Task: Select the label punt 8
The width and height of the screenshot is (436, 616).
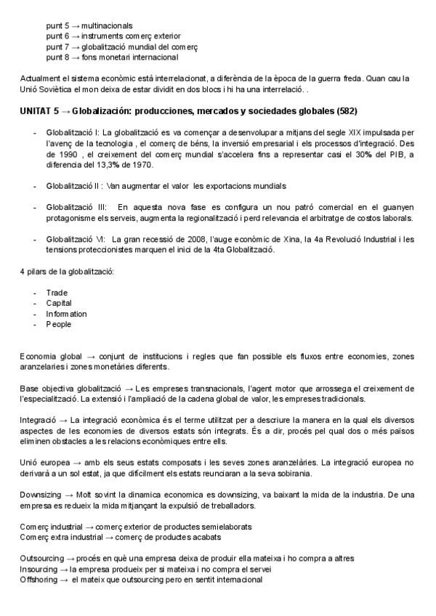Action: pyautogui.click(x=57, y=57)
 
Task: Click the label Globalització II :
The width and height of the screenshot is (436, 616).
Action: pyautogui.click(x=74, y=187)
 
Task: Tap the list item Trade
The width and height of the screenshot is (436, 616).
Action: pyautogui.click(x=57, y=293)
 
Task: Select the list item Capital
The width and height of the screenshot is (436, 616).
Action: pyautogui.click(x=59, y=303)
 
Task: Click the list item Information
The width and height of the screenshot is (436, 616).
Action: pyautogui.click(x=66, y=314)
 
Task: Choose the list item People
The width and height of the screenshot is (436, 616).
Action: pyautogui.click(x=58, y=324)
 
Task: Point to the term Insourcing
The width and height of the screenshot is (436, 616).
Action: pyautogui.click(x=39, y=569)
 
